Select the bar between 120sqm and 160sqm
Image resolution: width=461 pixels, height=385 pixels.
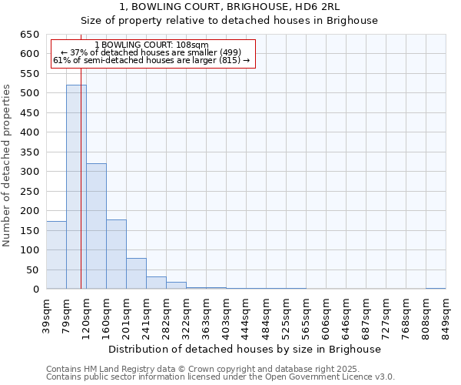(x=96, y=226)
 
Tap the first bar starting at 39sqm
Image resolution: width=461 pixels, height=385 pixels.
(x=56, y=255)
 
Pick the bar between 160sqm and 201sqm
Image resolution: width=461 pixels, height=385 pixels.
(x=116, y=254)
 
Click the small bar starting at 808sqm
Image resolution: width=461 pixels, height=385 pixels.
(x=436, y=288)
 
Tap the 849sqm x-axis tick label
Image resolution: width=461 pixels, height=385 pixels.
(x=446, y=313)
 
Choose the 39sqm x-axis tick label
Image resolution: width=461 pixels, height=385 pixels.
(x=46, y=313)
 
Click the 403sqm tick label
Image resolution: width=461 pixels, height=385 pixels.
(x=226, y=313)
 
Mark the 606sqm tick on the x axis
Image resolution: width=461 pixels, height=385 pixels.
(x=326, y=313)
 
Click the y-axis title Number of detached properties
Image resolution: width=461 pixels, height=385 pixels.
(x=8, y=166)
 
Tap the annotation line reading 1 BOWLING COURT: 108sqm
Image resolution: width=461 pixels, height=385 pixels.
(x=151, y=45)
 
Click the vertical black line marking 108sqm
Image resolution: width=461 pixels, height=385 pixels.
(x=81, y=192)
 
